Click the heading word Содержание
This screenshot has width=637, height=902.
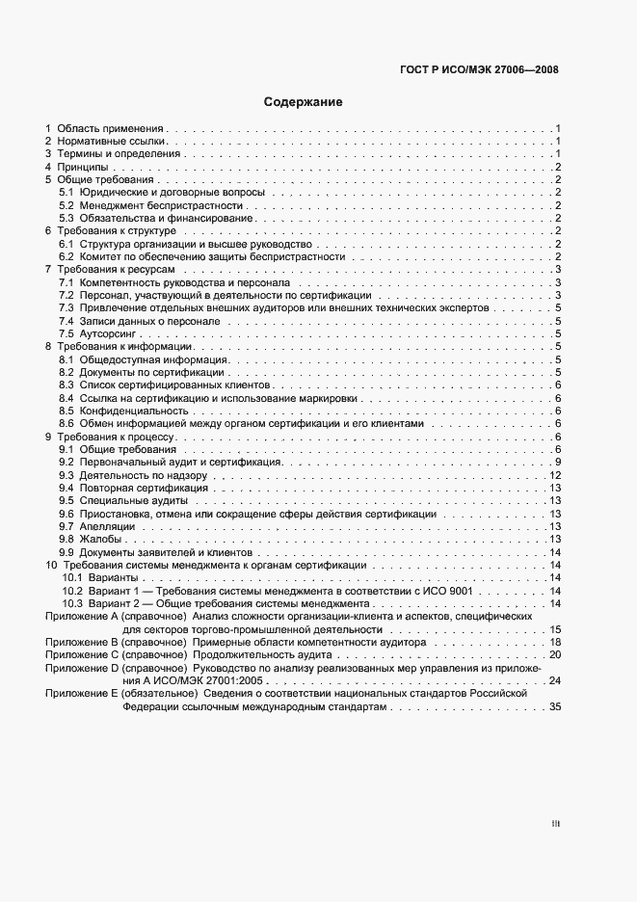304,101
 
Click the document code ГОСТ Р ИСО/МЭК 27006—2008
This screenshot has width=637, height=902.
478,69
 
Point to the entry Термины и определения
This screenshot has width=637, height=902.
118,153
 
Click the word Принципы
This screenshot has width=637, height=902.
82,167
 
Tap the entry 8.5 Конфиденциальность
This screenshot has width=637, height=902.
122,411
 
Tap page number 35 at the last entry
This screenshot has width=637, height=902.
554,706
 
